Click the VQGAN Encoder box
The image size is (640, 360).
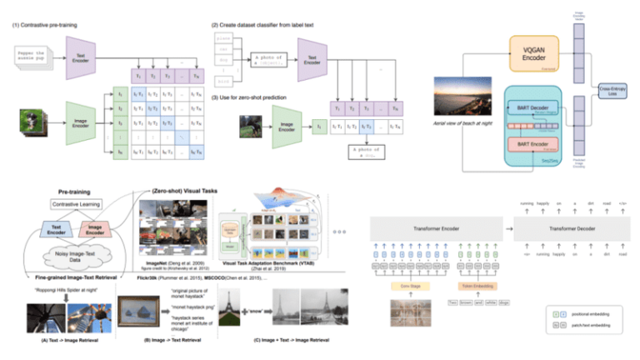(533, 57)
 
